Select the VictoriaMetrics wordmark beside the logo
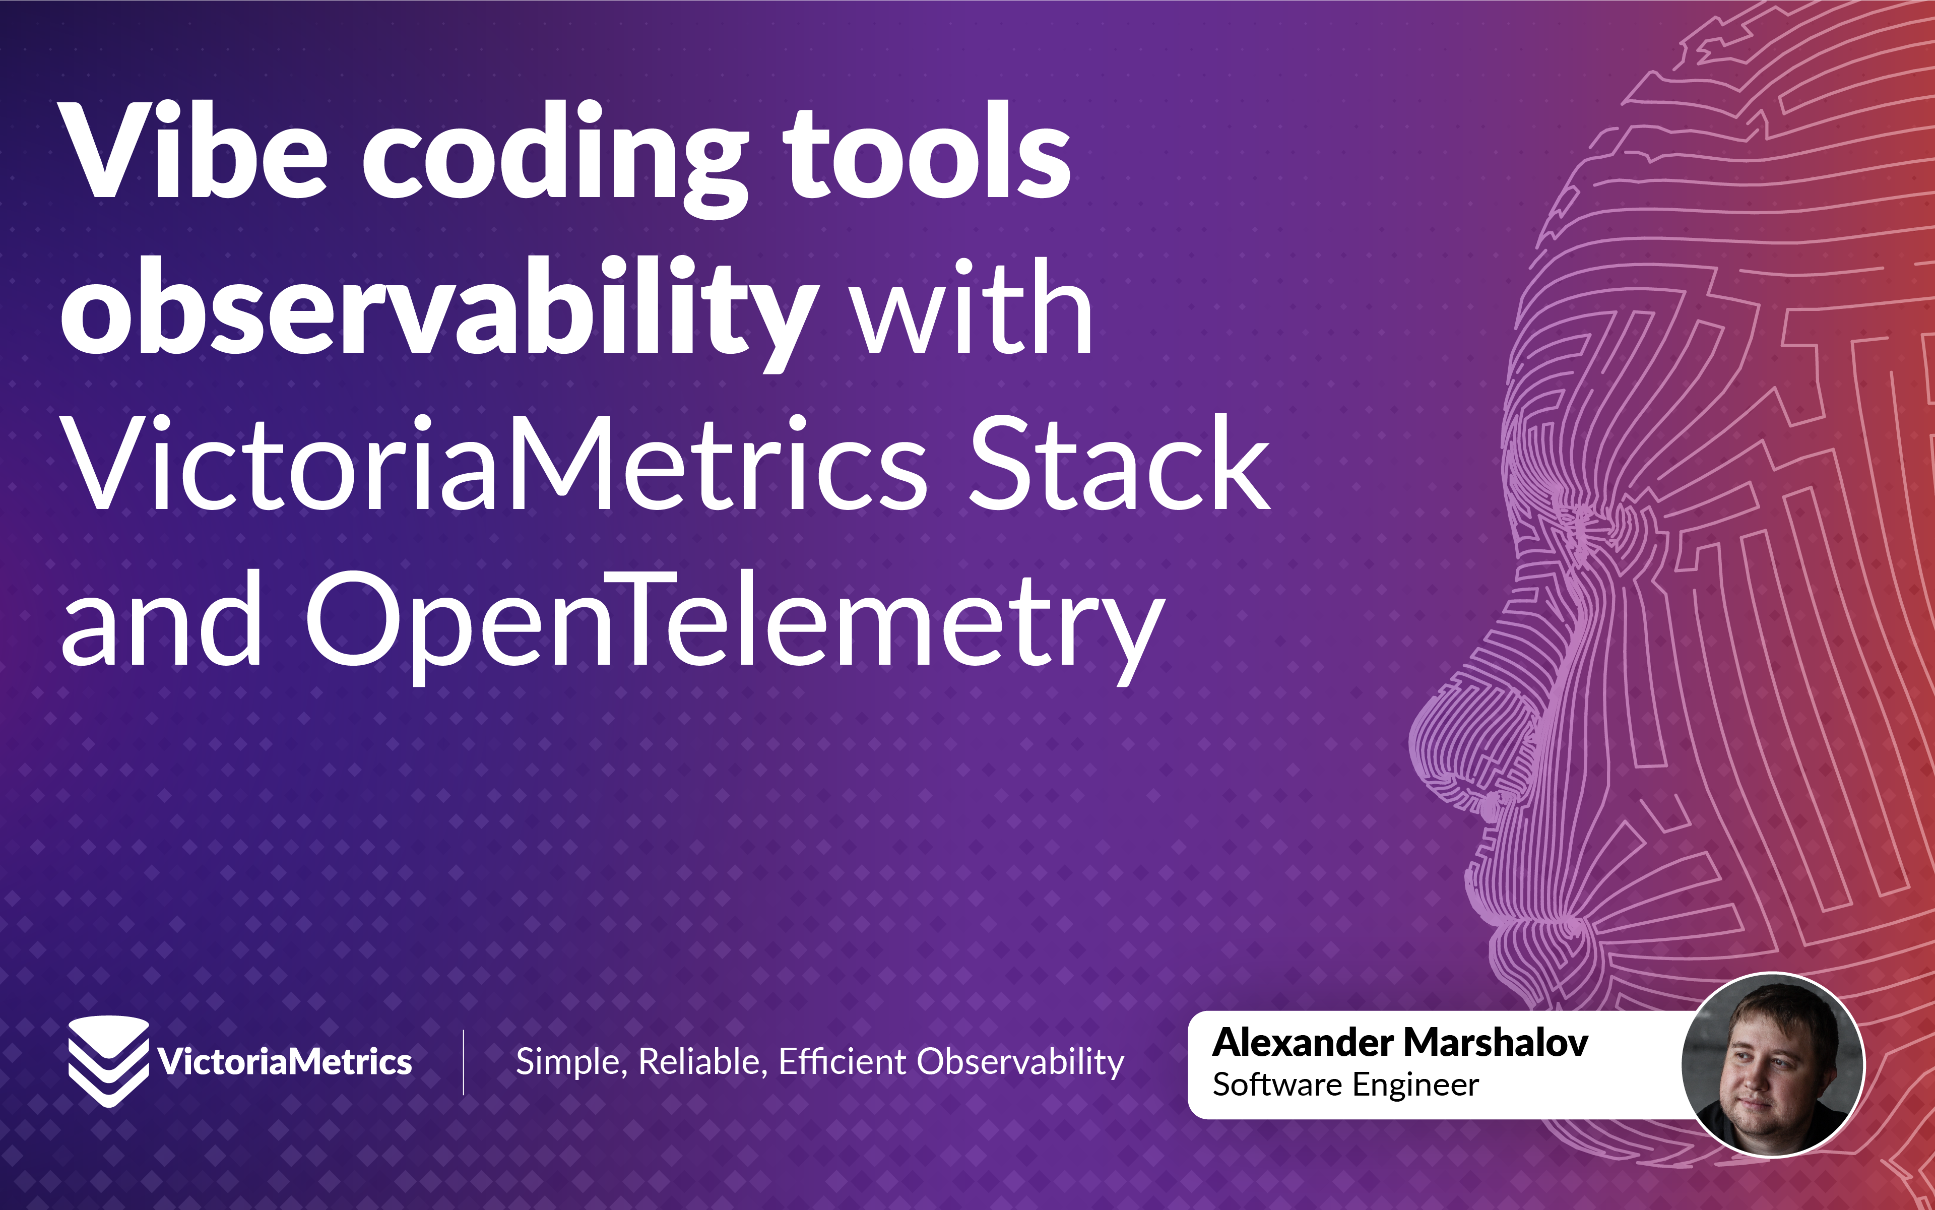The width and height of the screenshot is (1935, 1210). pos(285,1062)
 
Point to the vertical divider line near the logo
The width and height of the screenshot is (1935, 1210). pos(464,1062)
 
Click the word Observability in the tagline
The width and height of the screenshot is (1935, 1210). pos(1020,1062)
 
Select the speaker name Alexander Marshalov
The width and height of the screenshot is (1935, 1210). pos(1400,1043)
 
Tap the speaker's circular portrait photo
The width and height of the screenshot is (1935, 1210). pos(1773,1064)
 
